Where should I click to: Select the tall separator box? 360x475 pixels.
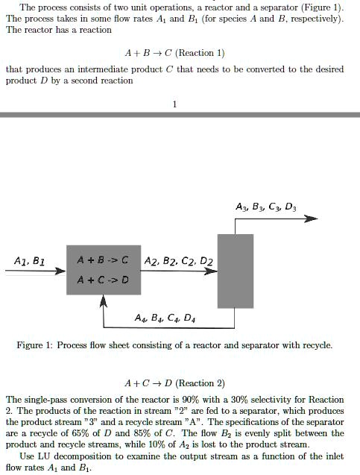[235, 270]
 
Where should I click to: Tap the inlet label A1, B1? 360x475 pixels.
[29, 262]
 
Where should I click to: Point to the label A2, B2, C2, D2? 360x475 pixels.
[174, 262]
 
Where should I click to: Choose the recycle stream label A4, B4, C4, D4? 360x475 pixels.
[160, 318]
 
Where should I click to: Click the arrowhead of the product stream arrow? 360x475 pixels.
[312, 218]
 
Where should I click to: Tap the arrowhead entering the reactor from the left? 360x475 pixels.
[62, 271]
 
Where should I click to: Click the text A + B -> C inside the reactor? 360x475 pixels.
[104, 261]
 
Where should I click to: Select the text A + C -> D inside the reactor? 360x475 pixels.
[104, 280]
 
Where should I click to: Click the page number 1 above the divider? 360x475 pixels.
[174, 104]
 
